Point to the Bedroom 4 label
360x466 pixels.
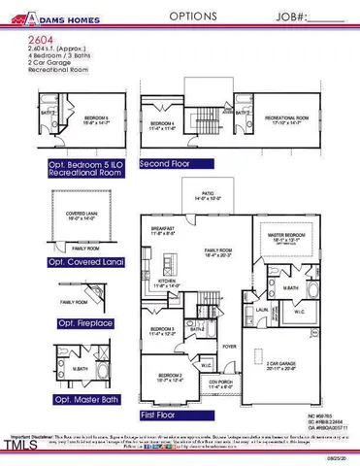(163, 124)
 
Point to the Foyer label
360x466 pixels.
(229, 345)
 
